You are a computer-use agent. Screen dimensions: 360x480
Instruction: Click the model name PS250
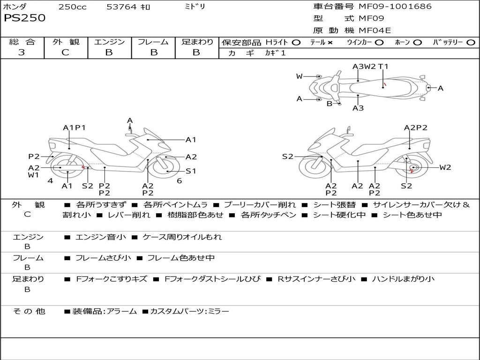24,18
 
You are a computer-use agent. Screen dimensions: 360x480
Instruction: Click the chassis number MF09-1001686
395,7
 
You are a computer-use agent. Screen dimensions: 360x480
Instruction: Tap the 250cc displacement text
72,7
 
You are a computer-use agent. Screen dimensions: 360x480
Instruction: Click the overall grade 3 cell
22,52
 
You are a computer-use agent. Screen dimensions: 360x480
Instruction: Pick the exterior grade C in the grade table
66,52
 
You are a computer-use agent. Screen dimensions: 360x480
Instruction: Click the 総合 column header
22,42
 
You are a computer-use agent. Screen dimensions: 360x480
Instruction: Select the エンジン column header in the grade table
109,42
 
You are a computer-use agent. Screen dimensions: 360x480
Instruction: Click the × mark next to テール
330,43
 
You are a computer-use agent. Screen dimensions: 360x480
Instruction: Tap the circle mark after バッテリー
471,43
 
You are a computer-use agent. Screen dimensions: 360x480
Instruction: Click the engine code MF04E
375,30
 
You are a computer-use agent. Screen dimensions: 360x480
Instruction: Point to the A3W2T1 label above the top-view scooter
371,67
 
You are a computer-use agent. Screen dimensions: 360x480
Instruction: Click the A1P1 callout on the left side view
74,127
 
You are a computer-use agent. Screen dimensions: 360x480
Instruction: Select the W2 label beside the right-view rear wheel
445,167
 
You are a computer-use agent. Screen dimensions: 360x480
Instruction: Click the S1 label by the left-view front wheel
191,171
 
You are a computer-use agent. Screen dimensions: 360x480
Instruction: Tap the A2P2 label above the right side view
416,127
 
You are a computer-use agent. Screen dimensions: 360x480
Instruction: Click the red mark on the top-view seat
385,85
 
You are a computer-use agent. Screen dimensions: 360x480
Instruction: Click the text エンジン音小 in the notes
101,237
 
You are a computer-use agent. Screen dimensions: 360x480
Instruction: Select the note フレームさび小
104,258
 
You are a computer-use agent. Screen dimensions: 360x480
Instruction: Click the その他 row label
29,311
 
